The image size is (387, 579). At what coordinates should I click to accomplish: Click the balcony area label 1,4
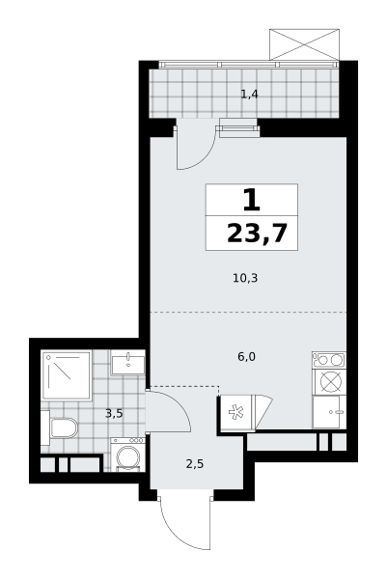(249, 95)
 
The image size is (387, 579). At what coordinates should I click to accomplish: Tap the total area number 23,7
(257, 234)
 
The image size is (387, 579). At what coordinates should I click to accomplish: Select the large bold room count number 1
(252, 200)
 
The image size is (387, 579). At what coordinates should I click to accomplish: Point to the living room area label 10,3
(245, 278)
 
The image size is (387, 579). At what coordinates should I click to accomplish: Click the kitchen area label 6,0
(247, 357)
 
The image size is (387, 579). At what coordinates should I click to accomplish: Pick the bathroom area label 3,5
(114, 414)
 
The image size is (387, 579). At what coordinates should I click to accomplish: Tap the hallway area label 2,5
(195, 464)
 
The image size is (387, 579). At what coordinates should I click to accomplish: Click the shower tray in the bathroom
(67, 375)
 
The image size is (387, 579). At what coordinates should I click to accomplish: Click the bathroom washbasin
(127, 362)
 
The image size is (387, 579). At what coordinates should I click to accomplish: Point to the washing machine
(127, 455)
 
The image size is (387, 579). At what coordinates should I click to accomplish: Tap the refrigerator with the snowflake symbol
(235, 413)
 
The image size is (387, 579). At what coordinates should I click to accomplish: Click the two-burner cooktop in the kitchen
(329, 360)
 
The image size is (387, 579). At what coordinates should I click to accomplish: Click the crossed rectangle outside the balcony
(304, 44)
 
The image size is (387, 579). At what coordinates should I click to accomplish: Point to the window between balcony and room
(238, 128)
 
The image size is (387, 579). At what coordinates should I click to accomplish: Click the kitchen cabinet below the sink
(329, 412)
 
